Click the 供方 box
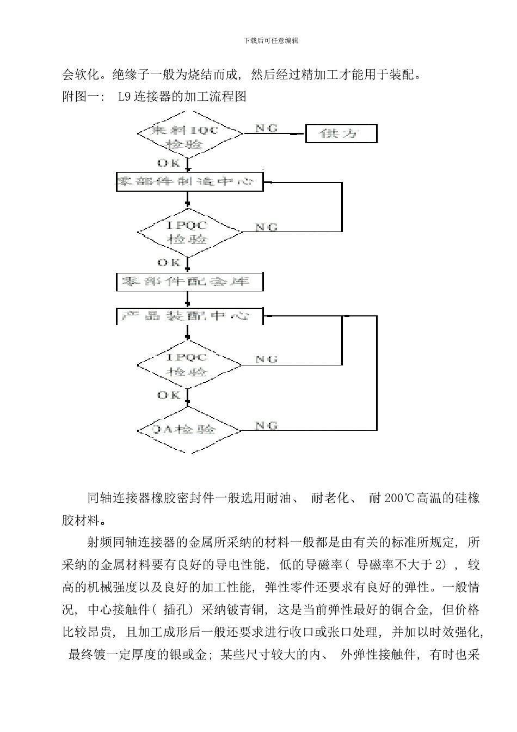coord(341,133)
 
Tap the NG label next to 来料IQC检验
coord(266,128)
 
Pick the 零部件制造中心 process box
coord(189,182)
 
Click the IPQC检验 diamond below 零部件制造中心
coord(189,232)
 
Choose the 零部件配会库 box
coord(189,282)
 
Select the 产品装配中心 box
coord(189,316)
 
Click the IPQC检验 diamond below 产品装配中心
coord(189,364)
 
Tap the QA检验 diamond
coord(189,430)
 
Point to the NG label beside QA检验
coord(266,425)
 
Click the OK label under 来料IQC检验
coord(168,163)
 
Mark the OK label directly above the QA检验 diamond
coord(168,395)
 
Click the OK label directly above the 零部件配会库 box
coord(168,263)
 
